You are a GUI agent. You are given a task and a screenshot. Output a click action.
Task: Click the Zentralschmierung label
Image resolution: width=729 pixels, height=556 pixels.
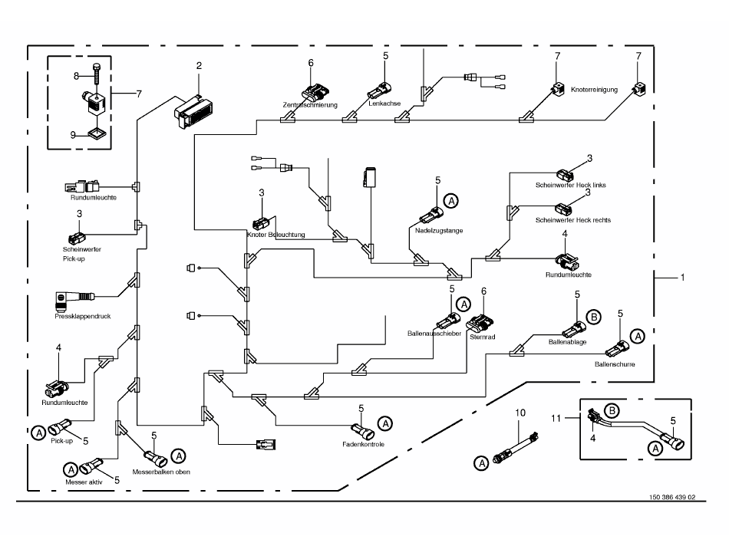click(310, 105)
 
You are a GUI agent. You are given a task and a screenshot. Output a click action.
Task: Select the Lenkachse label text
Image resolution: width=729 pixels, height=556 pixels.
click(384, 104)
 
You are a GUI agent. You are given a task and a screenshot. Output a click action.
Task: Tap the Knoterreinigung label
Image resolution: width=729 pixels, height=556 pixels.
click(594, 90)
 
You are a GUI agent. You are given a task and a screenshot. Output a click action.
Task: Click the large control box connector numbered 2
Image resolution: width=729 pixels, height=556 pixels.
click(194, 112)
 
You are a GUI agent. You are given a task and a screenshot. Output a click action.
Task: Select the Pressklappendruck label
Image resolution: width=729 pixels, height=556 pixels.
click(83, 316)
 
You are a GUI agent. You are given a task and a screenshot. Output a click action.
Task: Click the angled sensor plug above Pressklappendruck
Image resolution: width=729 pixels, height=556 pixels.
click(74, 298)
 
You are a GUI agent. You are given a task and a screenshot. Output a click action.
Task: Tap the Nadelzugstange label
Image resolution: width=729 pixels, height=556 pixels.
click(439, 230)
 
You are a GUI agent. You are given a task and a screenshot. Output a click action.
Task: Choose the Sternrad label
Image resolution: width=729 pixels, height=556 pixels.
click(482, 337)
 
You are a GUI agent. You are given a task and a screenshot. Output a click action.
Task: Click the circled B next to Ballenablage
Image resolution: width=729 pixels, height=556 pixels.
click(593, 317)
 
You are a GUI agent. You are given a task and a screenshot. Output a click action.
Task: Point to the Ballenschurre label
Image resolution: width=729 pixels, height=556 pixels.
click(615, 364)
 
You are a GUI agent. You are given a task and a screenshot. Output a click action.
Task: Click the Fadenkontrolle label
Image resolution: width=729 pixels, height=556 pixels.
click(364, 445)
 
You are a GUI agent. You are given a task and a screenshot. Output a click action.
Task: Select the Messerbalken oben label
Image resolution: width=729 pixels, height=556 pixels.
click(161, 472)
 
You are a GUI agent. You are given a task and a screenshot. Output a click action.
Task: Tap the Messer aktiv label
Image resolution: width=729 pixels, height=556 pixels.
click(84, 482)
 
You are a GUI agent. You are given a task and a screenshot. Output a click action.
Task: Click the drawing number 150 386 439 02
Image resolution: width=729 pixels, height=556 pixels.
click(672, 497)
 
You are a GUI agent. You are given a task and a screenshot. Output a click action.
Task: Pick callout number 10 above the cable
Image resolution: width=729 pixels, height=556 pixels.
click(520, 413)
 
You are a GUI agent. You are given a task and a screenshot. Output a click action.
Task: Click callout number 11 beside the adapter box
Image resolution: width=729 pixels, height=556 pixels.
click(556, 419)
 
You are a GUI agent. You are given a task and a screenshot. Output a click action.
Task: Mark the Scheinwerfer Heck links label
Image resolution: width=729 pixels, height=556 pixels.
click(570, 185)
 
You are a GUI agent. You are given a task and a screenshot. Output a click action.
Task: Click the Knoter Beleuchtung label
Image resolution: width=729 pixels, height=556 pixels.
click(276, 235)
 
